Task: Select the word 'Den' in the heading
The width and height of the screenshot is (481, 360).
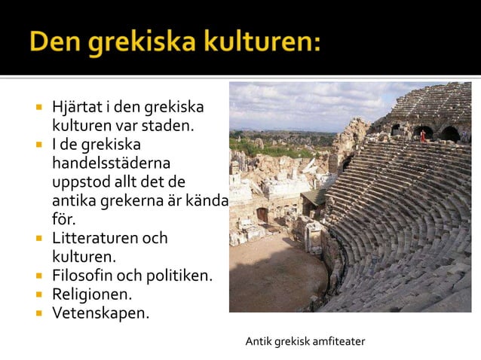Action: (55, 41)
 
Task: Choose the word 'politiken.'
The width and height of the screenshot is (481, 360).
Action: (178, 276)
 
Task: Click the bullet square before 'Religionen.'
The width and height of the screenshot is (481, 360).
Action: (36, 294)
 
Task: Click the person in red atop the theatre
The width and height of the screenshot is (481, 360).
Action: (423, 136)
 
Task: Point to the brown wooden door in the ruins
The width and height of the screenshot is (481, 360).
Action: (262, 215)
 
